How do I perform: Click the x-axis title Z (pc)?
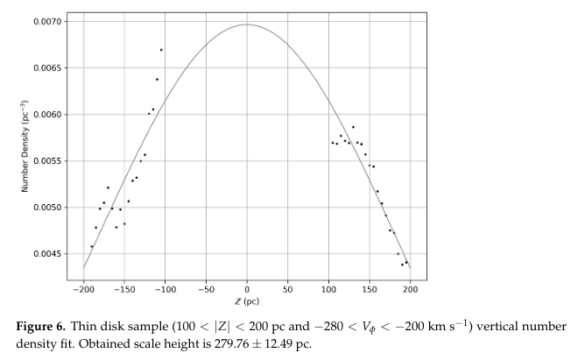(246, 300)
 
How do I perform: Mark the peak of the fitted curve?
(247, 25)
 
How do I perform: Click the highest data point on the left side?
(161, 50)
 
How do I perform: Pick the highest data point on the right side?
(353, 127)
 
